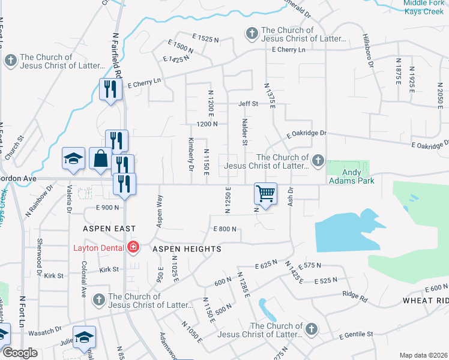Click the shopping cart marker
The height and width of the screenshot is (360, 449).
265,193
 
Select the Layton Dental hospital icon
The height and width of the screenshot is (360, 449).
132,247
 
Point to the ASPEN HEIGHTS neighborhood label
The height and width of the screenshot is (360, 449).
187,248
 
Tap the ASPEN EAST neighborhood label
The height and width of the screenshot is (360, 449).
110,229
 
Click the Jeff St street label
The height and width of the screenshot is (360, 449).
248,104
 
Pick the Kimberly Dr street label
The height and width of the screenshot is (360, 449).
190,154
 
